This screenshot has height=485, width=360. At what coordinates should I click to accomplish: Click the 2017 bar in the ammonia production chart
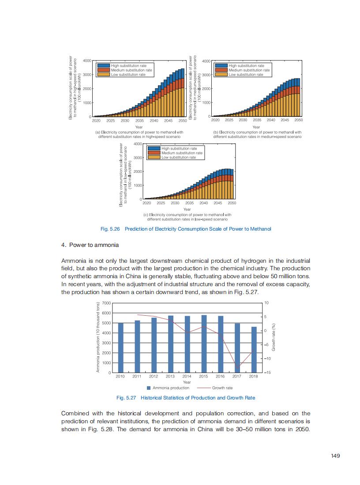click(x=237, y=348)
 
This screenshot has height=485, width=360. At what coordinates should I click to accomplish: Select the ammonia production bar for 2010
click(x=120, y=348)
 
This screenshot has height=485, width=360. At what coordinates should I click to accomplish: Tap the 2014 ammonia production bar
click(x=187, y=345)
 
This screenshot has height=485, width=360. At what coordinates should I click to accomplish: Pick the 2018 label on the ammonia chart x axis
click(x=253, y=377)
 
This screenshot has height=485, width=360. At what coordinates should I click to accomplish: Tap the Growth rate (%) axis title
click(x=274, y=338)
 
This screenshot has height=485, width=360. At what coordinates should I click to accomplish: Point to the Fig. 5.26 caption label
click(x=112, y=229)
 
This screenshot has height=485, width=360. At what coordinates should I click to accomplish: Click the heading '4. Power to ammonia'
click(x=90, y=245)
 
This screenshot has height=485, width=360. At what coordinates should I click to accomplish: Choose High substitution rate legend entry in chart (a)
click(x=125, y=66)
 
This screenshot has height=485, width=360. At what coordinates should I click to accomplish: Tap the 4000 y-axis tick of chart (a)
click(x=87, y=60)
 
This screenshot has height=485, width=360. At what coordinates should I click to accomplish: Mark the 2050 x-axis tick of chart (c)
click(x=232, y=203)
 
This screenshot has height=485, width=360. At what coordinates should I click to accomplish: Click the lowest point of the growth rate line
click(x=237, y=368)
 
